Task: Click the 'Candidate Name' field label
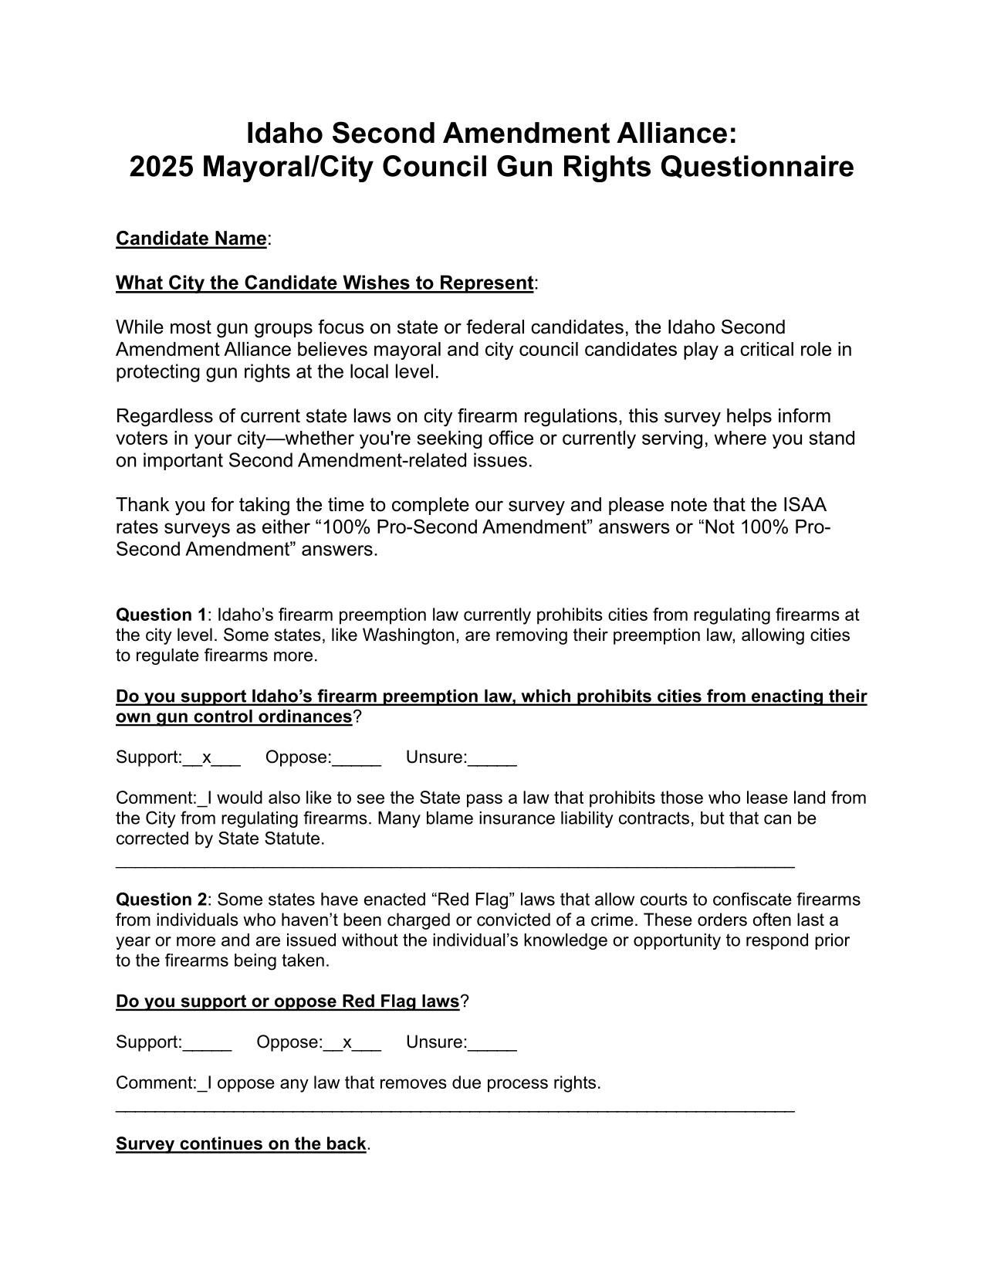point(191,239)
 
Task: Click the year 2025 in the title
point(160,167)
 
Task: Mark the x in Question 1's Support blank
point(206,757)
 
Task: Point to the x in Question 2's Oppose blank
point(347,1042)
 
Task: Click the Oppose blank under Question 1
point(357,759)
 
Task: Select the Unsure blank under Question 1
point(492,759)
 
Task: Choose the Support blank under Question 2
point(207,1044)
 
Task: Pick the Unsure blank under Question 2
point(492,1044)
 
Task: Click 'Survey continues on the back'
point(241,1144)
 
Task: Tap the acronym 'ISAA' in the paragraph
point(802,505)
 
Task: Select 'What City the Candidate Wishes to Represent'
point(324,283)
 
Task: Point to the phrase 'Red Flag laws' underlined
point(401,1001)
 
